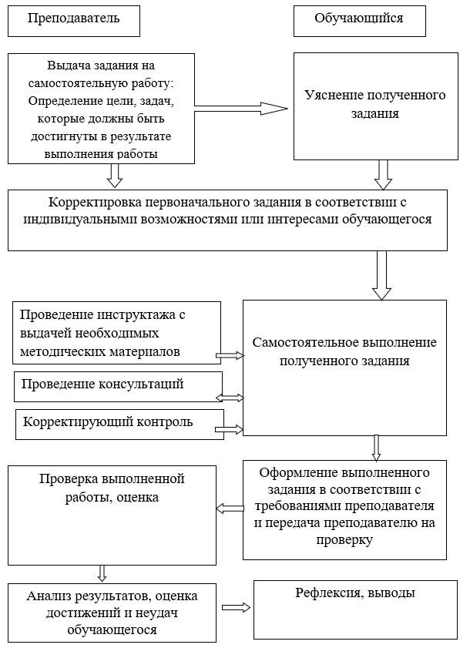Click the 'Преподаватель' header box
(74, 21)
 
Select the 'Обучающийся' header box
(360, 21)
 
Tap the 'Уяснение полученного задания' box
(376, 106)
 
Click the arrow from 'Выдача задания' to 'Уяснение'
(241, 109)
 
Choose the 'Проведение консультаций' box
(118, 386)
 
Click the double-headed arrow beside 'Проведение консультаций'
(230, 398)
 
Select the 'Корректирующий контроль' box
(120, 425)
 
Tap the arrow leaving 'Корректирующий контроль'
(230, 429)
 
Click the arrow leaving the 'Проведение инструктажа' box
(230, 355)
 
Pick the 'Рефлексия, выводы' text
(355, 593)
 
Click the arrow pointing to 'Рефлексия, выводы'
(236, 607)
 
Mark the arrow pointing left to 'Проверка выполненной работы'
(230, 509)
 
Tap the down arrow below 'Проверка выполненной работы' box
(102, 573)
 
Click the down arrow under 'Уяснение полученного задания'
(383, 175)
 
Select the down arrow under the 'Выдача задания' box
(115, 176)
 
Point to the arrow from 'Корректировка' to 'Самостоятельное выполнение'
(381, 275)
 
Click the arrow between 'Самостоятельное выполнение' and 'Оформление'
(376, 448)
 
